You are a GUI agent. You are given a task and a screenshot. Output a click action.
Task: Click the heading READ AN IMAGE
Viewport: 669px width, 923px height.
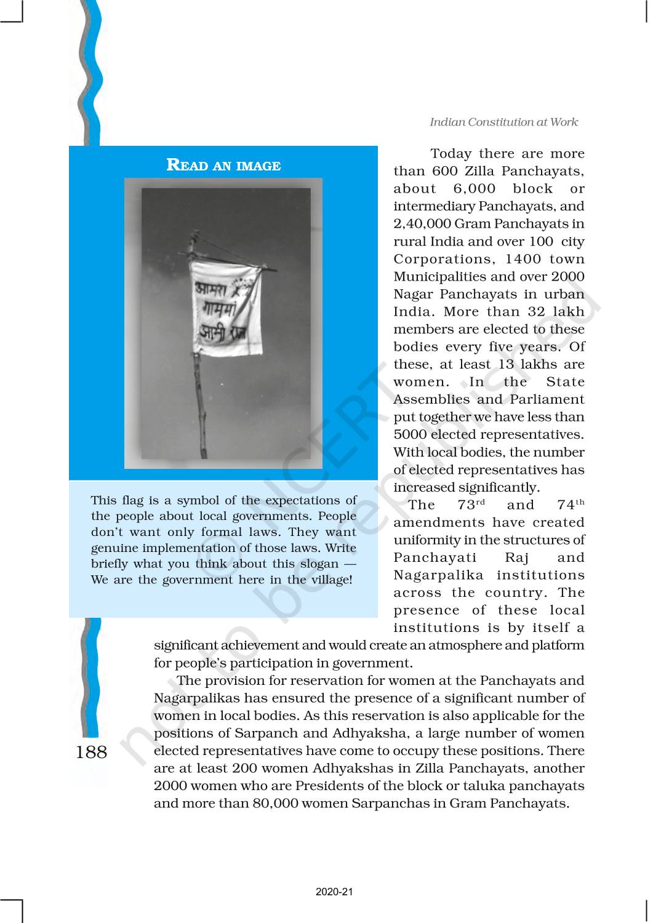pyautogui.click(x=223, y=166)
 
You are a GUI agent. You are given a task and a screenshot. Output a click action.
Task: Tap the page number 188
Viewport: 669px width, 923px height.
pyautogui.click(x=91, y=752)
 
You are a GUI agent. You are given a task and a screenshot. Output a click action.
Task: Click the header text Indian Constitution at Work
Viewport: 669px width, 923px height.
pyautogui.click(x=503, y=122)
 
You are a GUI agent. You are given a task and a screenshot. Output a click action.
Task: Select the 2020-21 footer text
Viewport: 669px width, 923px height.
pyautogui.click(x=334, y=892)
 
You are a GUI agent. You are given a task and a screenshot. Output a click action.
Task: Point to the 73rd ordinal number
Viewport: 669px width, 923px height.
pyautogui.click(x=471, y=505)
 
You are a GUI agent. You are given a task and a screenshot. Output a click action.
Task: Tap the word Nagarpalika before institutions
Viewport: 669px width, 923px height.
pyautogui.click(x=436, y=575)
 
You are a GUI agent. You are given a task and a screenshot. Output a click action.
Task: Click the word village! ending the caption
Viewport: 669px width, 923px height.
pyautogui.click(x=331, y=580)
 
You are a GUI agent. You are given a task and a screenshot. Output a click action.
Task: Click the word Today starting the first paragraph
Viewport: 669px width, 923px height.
pyautogui.click(x=451, y=154)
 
